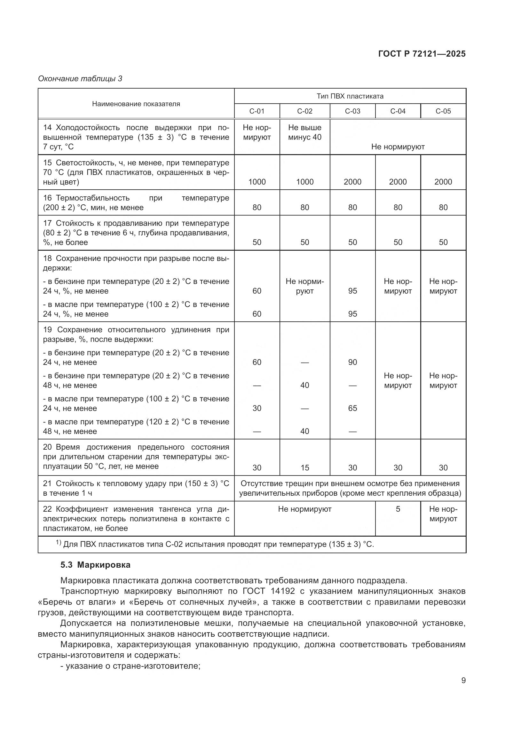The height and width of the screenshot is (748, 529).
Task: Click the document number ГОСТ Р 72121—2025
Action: click(422, 54)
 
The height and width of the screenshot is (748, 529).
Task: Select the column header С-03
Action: click(352, 111)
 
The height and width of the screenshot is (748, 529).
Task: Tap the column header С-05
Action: click(443, 111)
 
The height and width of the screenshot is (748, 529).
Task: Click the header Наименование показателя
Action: click(136, 104)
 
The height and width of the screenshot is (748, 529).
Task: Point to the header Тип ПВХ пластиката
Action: click(350, 96)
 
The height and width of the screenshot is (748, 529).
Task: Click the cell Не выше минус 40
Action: click(304, 132)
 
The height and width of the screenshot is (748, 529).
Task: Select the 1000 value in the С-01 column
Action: click(257, 182)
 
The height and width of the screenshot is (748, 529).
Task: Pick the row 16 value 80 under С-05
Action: click(443, 207)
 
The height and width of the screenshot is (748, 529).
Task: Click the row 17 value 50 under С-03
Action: click(352, 242)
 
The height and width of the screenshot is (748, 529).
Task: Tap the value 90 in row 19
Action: click(352, 362)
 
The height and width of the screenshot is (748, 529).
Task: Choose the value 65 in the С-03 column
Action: click(352, 408)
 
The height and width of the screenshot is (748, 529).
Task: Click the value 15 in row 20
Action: click(304, 468)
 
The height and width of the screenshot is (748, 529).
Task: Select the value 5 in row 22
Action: click(398, 509)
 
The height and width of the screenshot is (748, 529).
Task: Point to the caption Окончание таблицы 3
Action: click(80, 79)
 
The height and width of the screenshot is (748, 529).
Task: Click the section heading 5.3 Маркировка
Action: click(95, 564)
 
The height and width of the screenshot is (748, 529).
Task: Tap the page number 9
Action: click(463, 680)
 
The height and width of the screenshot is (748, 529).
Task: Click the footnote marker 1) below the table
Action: click(58, 542)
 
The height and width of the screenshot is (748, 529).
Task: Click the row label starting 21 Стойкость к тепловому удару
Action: click(136, 488)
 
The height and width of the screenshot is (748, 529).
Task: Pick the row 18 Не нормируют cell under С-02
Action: click(304, 286)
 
